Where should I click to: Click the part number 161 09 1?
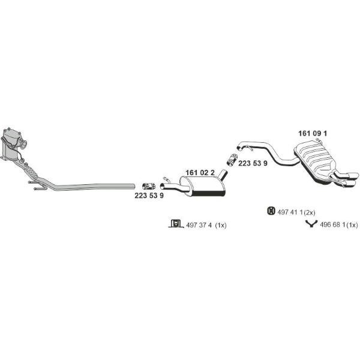coord(313,133)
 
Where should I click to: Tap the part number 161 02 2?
coord(200,173)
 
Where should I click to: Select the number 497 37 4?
coord(199,225)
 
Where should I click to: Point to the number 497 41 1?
coord(290,212)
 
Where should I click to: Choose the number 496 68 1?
coord(332,225)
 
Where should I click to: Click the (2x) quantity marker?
coord(309,212)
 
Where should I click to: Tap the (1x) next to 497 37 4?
coord(221,225)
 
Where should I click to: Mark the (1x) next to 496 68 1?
coord(352,225)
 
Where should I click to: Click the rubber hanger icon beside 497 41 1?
coord(271,211)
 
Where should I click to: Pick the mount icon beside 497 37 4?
coord(176,223)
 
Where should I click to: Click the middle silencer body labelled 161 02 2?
coord(203,187)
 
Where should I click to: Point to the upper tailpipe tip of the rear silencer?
coord(353,176)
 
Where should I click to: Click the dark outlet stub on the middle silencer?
coord(223,174)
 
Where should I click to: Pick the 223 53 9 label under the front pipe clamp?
coord(149,196)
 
